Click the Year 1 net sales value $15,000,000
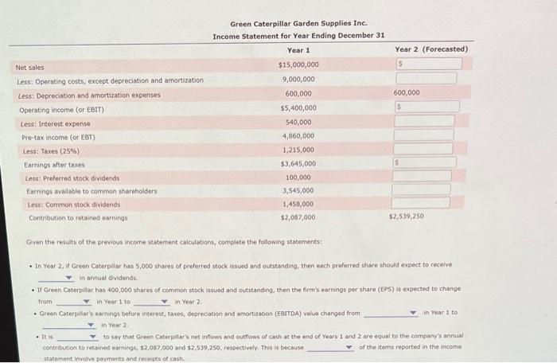pos(298,64)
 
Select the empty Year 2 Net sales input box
pos(425,64)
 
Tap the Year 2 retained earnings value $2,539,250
pos(406,217)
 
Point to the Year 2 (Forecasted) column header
pos(430,49)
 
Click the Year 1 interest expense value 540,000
pos(298,123)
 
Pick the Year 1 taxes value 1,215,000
pos(298,150)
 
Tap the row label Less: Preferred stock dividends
pos(72,178)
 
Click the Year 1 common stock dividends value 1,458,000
pos(298,204)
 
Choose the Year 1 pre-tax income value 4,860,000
pos(298,136)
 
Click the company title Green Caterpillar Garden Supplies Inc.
pos(298,24)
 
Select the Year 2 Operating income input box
pos(425,107)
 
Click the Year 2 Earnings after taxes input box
pos(425,162)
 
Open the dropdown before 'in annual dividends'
pos(60,277)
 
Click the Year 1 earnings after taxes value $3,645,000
pos(298,163)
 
